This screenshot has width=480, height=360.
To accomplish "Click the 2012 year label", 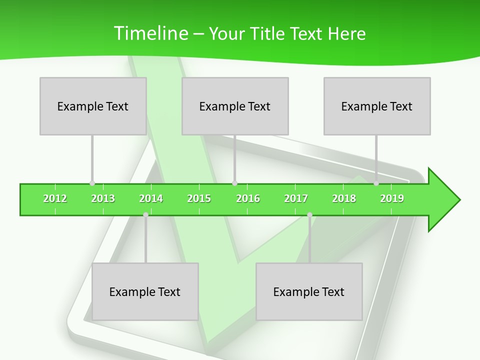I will [x=55, y=198].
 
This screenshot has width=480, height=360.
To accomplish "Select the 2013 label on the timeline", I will [x=103, y=198].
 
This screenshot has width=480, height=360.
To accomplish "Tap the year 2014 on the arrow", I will [x=151, y=198].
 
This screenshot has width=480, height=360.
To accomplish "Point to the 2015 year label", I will [x=199, y=198].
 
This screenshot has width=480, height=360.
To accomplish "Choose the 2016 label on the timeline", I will [x=248, y=198].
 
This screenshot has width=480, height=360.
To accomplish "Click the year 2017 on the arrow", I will [x=296, y=198].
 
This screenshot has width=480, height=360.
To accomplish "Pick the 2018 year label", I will [x=344, y=198].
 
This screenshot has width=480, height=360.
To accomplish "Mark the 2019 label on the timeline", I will [x=392, y=198].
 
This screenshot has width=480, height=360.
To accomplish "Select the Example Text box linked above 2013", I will [x=93, y=106].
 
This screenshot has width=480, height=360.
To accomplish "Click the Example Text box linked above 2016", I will [x=235, y=106].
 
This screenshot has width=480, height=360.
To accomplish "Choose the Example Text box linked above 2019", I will [x=377, y=106].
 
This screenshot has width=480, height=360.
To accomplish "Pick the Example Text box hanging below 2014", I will [x=145, y=291].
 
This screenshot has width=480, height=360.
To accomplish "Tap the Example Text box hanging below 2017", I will [x=309, y=291].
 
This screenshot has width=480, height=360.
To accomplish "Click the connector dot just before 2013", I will [x=92, y=183].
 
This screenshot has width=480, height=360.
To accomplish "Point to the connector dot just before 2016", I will [x=234, y=183].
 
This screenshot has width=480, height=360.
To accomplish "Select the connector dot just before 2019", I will [x=376, y=183].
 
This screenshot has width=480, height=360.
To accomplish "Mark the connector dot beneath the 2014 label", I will [x=145, y=214].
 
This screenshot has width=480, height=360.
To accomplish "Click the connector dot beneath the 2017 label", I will [x=309, y=214].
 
